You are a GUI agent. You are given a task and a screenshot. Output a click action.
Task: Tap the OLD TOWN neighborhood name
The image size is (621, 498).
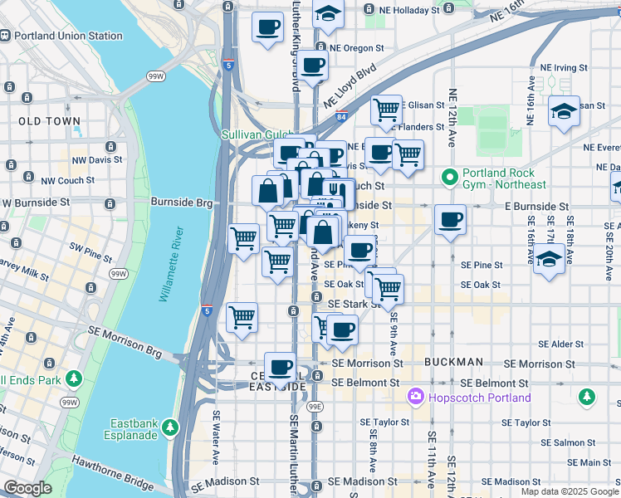(50, 121)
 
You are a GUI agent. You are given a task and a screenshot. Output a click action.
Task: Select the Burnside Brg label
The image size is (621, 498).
(182, 202)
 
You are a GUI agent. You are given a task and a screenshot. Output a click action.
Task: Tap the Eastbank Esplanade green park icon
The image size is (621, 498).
(171, 427)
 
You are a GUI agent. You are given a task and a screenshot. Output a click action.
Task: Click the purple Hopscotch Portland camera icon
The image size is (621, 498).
(415, 398)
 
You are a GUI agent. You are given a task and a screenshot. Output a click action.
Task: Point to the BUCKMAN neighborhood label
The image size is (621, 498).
(452, 363)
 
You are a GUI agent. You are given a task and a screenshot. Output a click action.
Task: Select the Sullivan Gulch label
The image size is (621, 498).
(257, 134)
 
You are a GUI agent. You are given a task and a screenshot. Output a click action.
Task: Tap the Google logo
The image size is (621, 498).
(28, 488)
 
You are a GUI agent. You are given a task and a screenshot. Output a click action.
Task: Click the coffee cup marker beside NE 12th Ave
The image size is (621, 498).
(451, 220)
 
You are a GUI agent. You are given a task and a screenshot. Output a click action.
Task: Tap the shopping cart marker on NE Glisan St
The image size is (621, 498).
(386, 109)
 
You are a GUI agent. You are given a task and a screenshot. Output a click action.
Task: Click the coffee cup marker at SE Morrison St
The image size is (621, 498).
(281, 366)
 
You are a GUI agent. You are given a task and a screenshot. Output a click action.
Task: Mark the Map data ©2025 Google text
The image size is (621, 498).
(569, 491)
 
